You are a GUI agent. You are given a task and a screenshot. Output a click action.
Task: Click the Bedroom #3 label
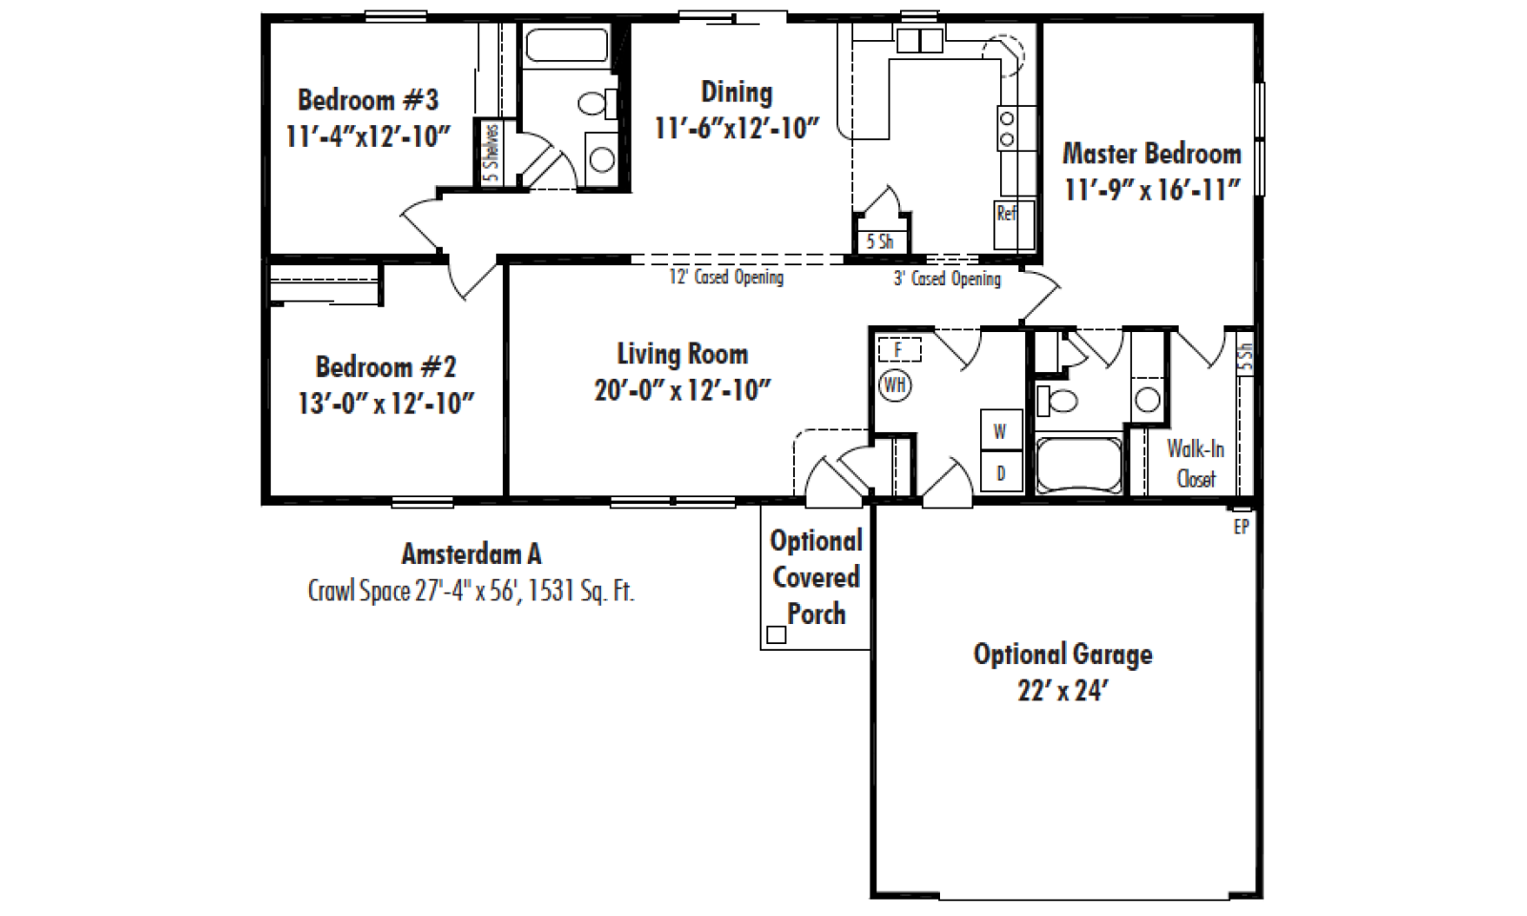368,100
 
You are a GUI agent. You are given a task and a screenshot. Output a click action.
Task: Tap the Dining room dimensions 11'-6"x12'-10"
737,128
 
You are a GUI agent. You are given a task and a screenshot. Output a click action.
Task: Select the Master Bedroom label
1152,154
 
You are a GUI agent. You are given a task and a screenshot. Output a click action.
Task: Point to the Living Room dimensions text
682,390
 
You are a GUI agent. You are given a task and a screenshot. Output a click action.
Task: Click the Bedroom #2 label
386,367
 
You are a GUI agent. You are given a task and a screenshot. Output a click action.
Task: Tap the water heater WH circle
895,385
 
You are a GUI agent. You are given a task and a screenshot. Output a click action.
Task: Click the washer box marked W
1001,430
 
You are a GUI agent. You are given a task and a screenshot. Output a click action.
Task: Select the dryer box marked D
1001,471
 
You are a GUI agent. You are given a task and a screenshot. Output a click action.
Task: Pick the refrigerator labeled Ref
1015,225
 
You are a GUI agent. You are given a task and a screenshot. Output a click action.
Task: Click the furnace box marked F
899,349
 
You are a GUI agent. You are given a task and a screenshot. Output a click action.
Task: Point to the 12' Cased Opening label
726,278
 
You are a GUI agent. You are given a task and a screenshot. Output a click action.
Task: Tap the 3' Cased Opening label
948,279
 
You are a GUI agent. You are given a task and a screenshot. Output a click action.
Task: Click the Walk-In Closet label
1196,464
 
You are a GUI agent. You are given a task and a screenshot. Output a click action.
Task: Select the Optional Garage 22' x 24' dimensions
1062,691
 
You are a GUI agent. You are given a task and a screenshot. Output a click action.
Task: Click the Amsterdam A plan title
471,554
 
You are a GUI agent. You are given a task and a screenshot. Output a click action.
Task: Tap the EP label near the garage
1242,527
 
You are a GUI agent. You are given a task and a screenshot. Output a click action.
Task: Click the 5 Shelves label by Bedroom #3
491,153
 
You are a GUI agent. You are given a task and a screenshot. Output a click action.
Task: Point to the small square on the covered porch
777,635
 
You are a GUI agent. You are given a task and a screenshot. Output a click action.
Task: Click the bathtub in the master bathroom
1078,466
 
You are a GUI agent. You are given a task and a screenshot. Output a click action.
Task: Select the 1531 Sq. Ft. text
581,591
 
